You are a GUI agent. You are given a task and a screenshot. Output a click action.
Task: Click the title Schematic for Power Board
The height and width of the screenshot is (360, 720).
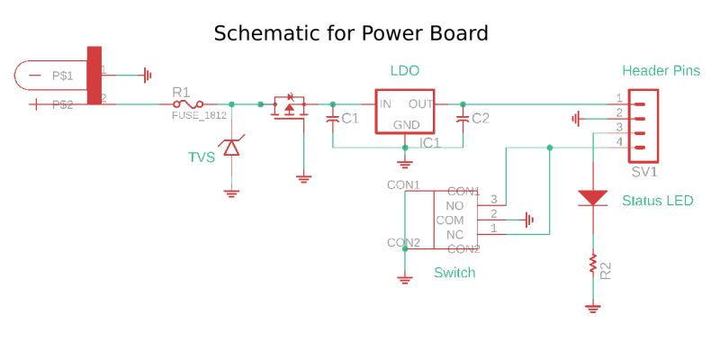[350, 34]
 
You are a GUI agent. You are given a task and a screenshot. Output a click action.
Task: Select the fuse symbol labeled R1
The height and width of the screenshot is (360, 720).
[193, 104]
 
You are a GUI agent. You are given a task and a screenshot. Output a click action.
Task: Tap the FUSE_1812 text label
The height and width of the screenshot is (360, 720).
[199, 116]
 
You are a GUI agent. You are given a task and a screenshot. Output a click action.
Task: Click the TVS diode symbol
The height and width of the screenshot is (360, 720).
[231, 147]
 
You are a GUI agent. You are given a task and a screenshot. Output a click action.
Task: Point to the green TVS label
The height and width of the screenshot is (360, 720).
[201, 157]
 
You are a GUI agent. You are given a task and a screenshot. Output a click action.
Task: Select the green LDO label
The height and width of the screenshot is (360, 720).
[404, 70]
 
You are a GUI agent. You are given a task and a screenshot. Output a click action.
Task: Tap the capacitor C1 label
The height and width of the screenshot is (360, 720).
[349, 118]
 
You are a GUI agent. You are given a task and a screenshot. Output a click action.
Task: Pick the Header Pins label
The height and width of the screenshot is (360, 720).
[661, 70]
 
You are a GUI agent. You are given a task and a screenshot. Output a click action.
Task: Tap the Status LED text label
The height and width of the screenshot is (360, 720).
[657, 200]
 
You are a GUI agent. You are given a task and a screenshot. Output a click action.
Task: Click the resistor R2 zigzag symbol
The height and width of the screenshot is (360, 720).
[592, 264]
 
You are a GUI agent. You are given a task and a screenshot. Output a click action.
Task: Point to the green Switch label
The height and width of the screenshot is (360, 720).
[454, 272]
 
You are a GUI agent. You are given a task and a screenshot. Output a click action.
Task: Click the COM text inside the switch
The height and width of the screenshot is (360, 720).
[449, 220]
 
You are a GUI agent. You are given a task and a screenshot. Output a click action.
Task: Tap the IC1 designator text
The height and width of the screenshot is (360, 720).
[429, 142]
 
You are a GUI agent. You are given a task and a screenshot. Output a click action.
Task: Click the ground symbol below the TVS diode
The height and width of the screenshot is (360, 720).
[231, 192]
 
